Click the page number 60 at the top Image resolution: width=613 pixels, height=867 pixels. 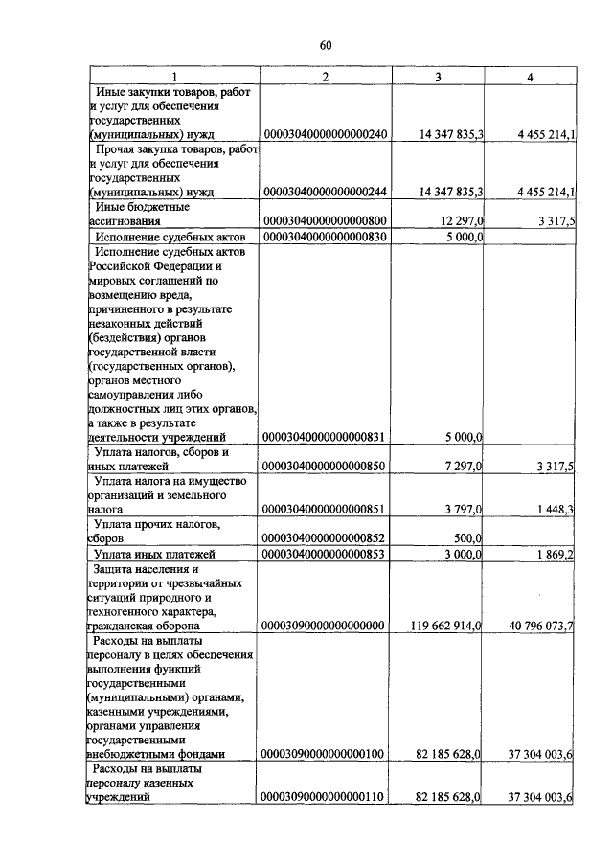325,45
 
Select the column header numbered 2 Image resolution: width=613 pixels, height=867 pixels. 325,77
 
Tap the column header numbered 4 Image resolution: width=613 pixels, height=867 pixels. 530,77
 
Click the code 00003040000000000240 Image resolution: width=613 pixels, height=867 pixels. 324,135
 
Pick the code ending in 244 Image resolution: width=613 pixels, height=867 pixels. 324,192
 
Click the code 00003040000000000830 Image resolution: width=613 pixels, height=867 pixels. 324,237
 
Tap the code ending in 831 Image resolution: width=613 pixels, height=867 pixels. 324,438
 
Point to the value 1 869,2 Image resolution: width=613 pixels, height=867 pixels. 554,554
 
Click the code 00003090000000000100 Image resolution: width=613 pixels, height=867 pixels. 324,754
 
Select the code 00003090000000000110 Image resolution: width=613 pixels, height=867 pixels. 324,797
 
